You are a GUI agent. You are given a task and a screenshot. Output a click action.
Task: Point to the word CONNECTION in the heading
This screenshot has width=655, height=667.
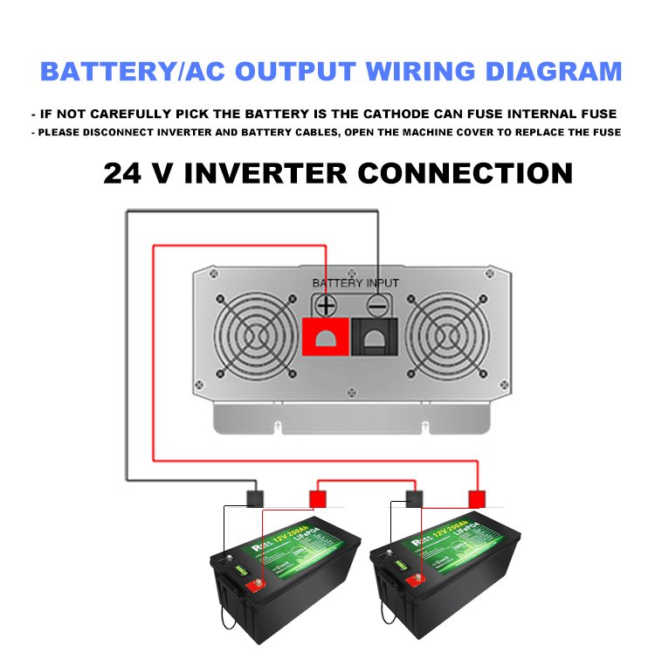tap(465, 172)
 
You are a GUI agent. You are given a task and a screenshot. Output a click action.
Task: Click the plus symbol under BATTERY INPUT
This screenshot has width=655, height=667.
tap(325, 306)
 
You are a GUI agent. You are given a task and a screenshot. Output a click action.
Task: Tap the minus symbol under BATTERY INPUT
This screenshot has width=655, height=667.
tap(376, 306)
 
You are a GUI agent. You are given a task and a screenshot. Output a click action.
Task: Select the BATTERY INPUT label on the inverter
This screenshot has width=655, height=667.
tap(355, 283)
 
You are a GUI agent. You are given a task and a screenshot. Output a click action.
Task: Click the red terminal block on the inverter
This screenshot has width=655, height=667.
tap(325, 336)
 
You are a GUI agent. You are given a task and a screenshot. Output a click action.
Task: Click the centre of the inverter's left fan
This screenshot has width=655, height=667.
tap(256, 335)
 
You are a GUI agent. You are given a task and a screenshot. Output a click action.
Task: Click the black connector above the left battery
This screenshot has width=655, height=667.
tap(254, 499)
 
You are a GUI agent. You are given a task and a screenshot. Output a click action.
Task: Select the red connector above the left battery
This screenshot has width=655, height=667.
tap(317, 499)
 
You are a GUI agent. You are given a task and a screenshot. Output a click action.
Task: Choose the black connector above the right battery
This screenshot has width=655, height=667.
tap(415, 499)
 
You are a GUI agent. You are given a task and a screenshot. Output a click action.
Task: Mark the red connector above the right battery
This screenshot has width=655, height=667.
tap(477, 499)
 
